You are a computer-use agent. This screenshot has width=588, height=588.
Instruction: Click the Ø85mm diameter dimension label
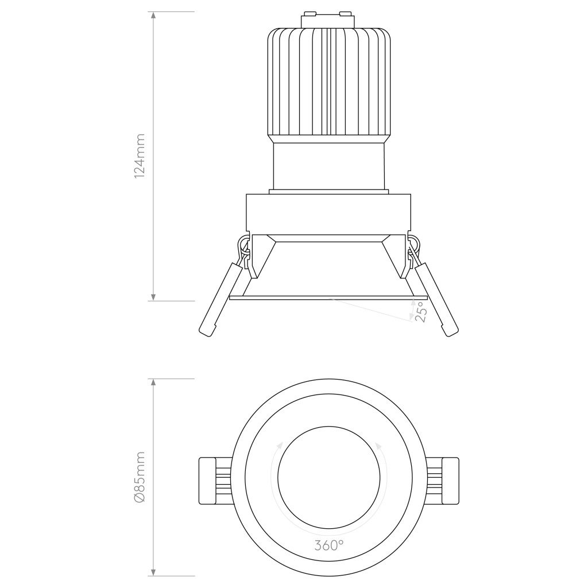pos(139,477)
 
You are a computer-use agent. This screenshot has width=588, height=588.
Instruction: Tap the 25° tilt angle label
pos(421,313)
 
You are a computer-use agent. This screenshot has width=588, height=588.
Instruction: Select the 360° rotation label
pos(329,545)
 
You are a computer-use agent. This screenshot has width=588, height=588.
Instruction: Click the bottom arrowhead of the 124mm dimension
pos(153,296)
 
